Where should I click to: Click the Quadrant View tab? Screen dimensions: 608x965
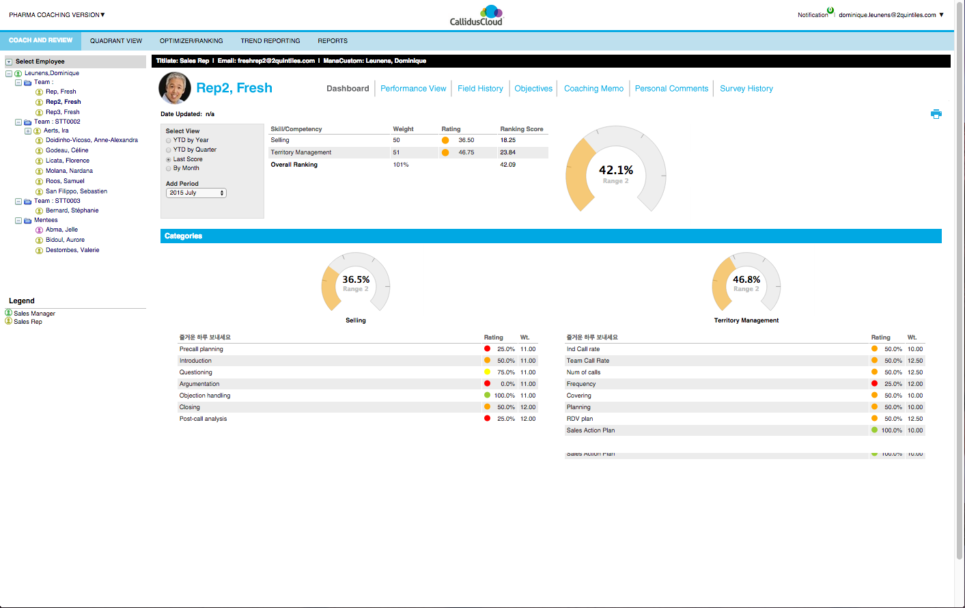point(116,41)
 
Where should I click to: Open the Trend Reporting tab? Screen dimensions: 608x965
point(270,41)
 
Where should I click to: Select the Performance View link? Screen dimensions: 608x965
point(413,89)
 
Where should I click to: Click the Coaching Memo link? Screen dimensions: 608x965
point(593,89)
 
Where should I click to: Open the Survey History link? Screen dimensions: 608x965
point(746,89)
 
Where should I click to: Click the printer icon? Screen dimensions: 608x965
point(936,114)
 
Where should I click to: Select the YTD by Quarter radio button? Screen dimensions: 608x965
point(169,150)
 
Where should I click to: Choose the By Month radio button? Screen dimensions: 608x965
point(169,168)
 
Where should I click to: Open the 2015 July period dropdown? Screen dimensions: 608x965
point(196,193)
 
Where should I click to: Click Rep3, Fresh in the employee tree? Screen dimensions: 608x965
point(62,112)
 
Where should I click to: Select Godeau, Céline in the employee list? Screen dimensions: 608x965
point(67,150)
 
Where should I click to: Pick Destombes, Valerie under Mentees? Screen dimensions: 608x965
point(72,250)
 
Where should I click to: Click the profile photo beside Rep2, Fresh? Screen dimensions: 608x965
point(175,87)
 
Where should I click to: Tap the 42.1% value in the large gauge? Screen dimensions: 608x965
point(616,170)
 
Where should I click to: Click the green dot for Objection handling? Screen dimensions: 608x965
point(487,396)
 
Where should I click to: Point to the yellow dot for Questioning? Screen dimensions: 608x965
point(487,372)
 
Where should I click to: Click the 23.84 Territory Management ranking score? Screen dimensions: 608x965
point(508,152)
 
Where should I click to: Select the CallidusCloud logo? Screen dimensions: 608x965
point(477,15)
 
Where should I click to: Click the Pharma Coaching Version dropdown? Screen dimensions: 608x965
point(57,15)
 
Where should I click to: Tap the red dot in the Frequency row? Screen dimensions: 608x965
point(874,384)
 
